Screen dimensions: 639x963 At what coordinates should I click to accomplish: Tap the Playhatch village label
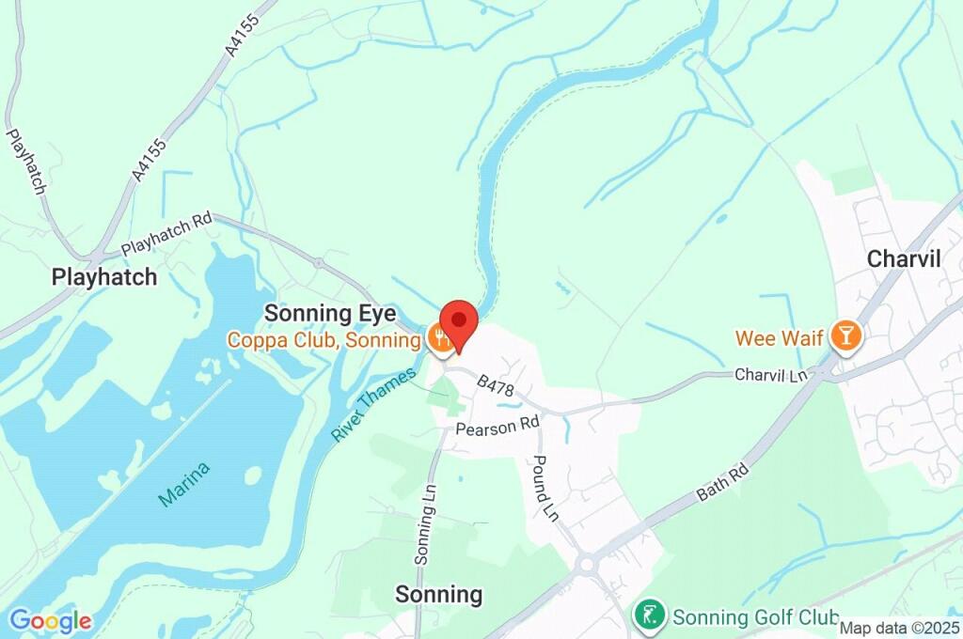pos(104,277)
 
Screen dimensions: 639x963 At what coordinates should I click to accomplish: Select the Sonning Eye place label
pos(330,313)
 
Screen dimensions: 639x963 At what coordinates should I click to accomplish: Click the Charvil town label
pos(904,258)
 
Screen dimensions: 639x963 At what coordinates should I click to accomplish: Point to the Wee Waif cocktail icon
pos(846,336)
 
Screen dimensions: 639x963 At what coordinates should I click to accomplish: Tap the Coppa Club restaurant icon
pos(439,339)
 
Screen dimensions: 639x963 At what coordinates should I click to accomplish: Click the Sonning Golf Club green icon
pos(649,616)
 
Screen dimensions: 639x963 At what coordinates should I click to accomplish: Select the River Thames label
pos(373,406)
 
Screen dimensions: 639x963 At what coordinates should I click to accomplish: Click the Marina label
pos(184,485)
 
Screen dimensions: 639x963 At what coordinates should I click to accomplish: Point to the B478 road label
pos(496,385)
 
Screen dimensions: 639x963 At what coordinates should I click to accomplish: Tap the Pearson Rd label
pos(497,426)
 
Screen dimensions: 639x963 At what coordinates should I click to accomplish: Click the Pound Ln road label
pos(545,488)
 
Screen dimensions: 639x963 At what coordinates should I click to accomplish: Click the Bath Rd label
pos(719,480)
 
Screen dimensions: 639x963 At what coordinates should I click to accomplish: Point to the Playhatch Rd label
pos(166,235)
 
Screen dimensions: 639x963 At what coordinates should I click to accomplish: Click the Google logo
pos(50,620)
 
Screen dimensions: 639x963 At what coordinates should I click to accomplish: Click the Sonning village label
pos(438,594)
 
